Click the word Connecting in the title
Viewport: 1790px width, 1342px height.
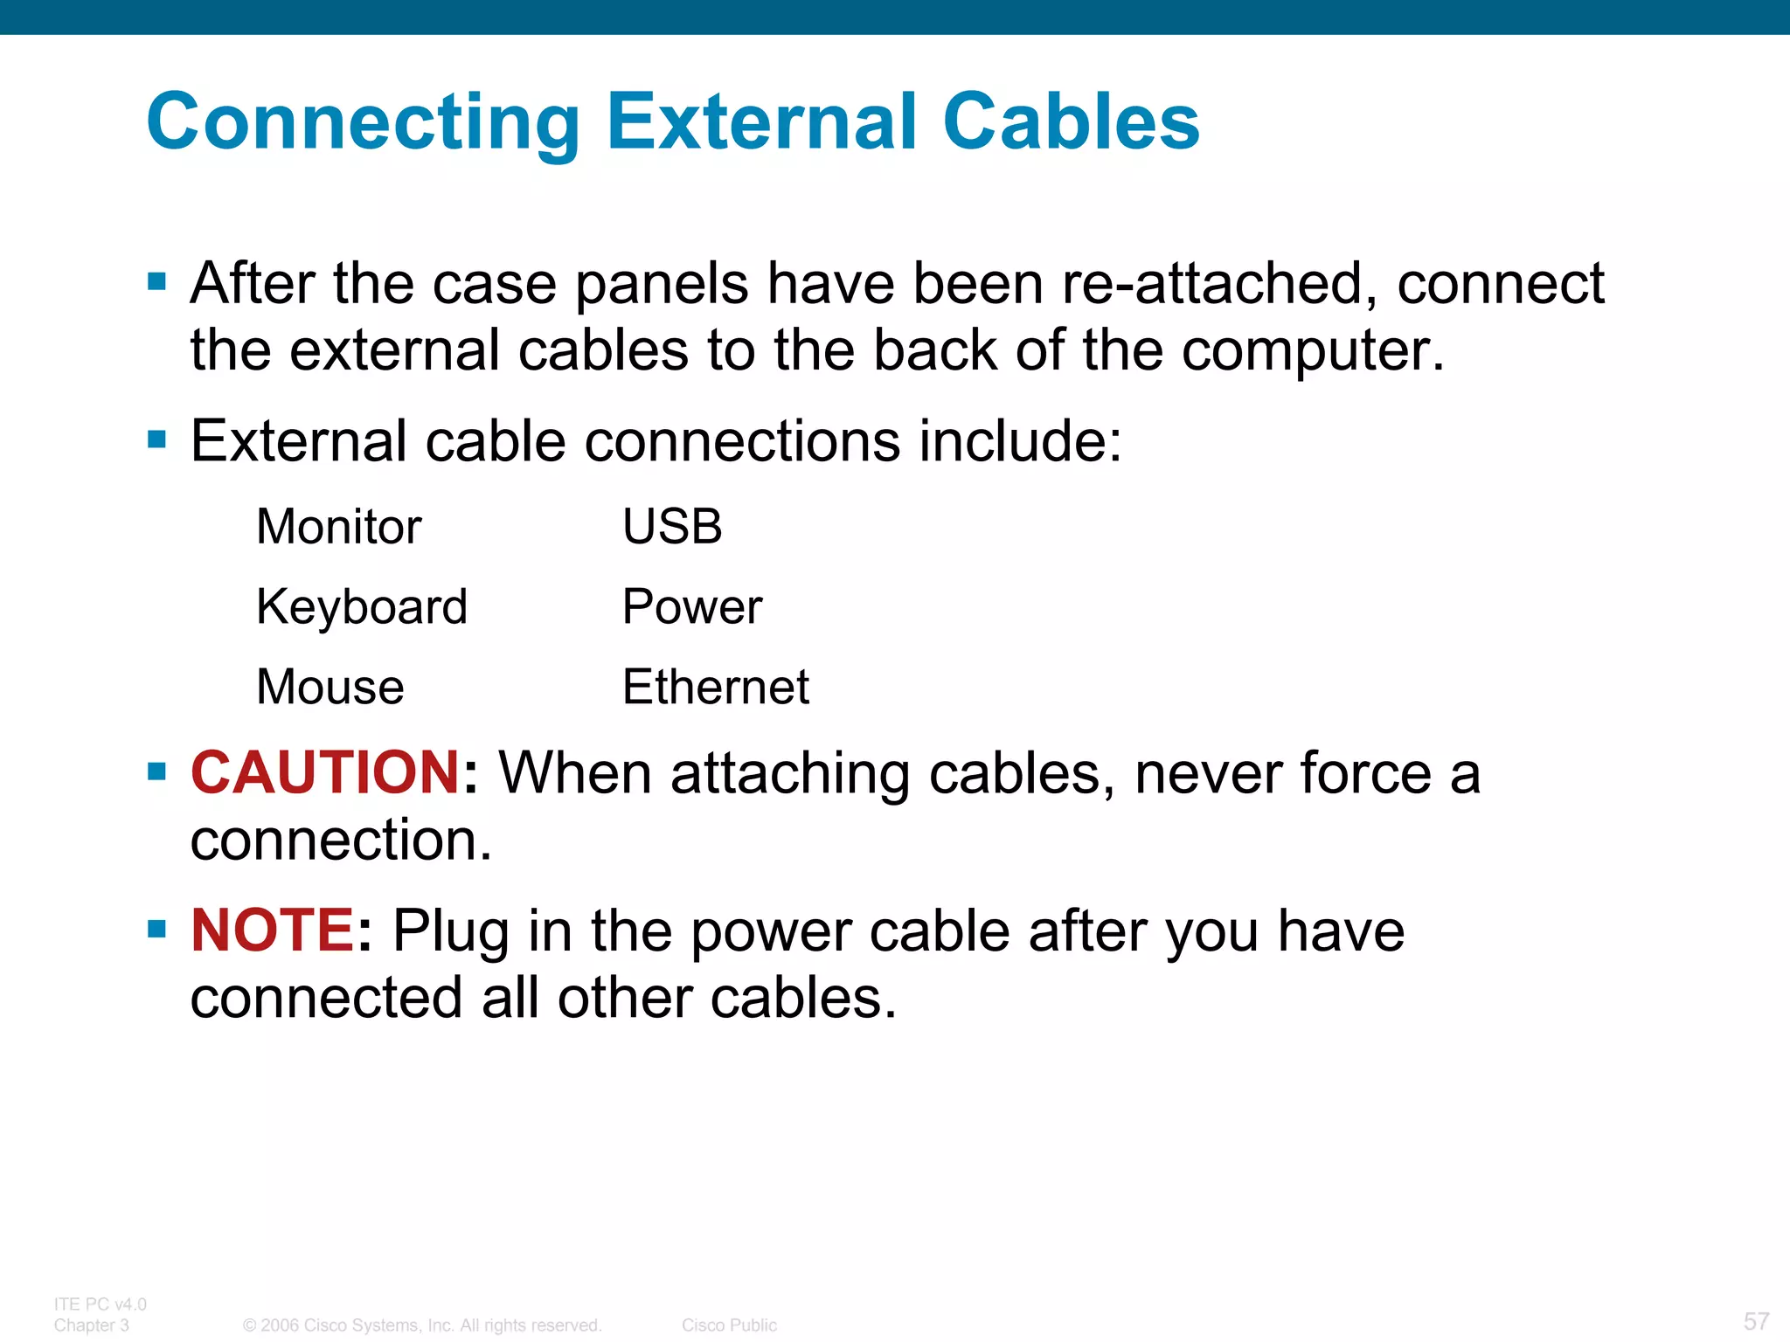point(364,122)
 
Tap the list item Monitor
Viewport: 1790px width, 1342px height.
point(339,527)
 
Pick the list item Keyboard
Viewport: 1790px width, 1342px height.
point(362,606)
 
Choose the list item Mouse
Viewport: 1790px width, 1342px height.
point(330,687)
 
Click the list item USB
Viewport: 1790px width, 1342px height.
point(672,527)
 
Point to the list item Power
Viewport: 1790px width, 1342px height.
point(692,606)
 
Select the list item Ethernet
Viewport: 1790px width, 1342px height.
point(716,687)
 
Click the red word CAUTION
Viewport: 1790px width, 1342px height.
point(325,772)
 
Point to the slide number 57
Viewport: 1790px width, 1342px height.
point(1756,1321)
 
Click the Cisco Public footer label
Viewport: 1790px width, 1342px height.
point(729,1325)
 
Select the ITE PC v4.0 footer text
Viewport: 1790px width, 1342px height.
point(101,1304)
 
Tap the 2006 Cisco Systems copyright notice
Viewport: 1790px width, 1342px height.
point(422,1325)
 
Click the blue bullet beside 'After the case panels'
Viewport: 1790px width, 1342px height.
point(157,281)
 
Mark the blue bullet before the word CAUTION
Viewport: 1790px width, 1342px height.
point(157,771)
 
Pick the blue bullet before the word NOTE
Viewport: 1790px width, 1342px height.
point(157,929)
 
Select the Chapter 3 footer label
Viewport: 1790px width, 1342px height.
point(92,1325)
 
